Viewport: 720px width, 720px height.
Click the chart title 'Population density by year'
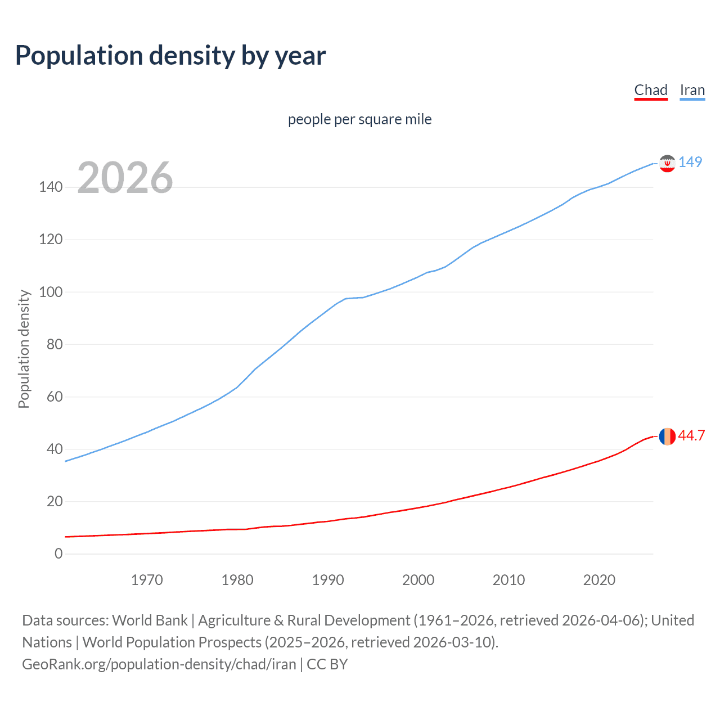point(170,56)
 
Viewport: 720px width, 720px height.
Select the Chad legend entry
point(651,90)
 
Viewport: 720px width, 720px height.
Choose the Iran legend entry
point(692,90)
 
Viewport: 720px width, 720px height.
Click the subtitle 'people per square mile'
point(359,119)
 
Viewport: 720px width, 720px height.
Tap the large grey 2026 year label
point(125,178)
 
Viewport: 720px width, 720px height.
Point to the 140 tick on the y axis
point(51,187)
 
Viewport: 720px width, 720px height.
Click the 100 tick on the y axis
point(51,292)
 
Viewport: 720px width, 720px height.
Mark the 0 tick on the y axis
point(58,553)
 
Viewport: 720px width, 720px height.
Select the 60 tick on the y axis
point(55,397)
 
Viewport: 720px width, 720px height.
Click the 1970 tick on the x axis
point(147,580)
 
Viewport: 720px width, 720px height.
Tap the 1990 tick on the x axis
point(328,580)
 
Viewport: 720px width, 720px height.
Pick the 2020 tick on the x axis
point(599,580)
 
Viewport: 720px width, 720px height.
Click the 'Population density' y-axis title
point(24,349)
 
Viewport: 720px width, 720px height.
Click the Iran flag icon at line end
point(667,163)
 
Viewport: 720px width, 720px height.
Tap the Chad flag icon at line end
point(667,436)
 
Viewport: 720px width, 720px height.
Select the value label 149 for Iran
point(690,162)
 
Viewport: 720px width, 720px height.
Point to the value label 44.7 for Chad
point(691,436)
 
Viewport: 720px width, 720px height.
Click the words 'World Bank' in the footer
point(150,620)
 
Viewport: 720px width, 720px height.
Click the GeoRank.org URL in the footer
point(159,664)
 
